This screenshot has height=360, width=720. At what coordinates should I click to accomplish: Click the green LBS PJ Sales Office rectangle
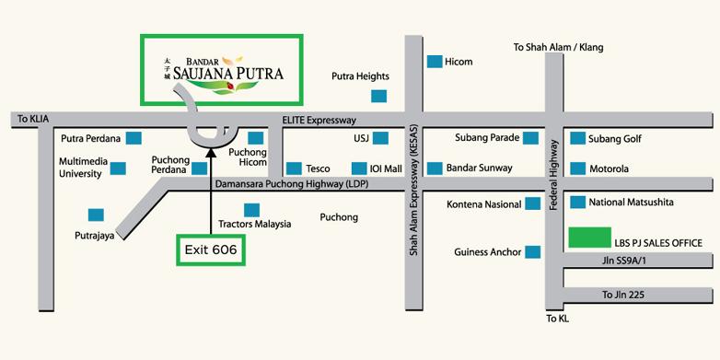click(590, 238)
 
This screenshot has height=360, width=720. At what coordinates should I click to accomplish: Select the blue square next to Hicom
click(434, 62)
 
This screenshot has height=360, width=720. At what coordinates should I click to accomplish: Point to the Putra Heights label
click(360, 76)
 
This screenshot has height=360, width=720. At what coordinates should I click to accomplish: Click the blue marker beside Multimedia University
click(118, 168)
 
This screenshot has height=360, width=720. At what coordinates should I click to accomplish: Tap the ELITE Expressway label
click(319, 120)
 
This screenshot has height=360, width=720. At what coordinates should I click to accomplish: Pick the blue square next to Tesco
click(294, 168)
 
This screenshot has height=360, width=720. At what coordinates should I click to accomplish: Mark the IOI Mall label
click(387, 168)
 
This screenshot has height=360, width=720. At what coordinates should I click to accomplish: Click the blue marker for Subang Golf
click(577, 139)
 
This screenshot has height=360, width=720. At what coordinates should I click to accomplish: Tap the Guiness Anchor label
click(487, 251)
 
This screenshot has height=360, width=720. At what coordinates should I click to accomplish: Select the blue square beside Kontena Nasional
click(531, 204)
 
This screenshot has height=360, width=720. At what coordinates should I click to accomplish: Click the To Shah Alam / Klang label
click(558, 47)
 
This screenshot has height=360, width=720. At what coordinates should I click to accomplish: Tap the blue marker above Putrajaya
click(96, 215)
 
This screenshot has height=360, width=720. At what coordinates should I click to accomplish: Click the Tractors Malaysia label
click(254, 224)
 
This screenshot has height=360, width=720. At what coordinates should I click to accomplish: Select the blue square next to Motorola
click(577, 168)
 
